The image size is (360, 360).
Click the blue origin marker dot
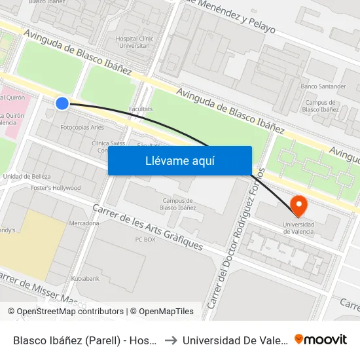point(62,103)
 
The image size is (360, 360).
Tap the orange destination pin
point(299,206)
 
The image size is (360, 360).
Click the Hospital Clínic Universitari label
point(134,43)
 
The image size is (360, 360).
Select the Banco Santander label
point(323,86)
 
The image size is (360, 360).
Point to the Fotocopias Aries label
point(82,127)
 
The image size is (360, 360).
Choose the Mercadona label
point(84,223)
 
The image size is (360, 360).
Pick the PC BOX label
point(145,240)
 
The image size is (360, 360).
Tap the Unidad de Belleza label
point(27,176)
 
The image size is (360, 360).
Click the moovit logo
point(320,339)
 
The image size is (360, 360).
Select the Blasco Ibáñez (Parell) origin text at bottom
point(85,340)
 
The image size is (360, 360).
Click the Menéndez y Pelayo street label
point(230,16)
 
